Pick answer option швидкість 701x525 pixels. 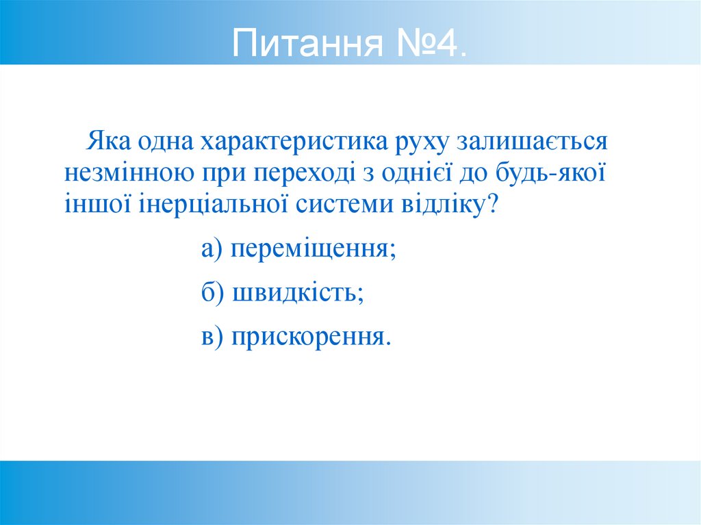[x=298, y=293]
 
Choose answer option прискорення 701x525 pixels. [x=311, y=337]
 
